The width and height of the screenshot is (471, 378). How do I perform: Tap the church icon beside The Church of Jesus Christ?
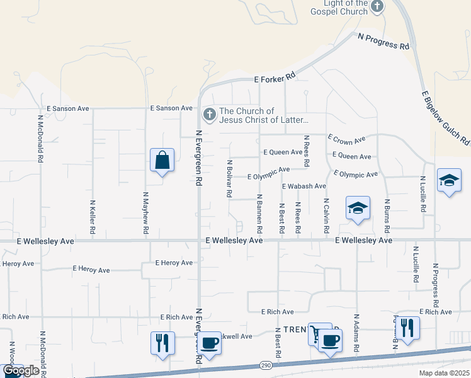[209, 115]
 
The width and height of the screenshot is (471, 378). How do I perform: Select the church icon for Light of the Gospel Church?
[377, 7]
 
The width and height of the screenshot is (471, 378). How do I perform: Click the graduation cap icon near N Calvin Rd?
[357, 208]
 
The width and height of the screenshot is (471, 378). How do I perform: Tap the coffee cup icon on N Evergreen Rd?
[210, 343]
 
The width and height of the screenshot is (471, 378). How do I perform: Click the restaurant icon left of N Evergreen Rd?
[162, 343]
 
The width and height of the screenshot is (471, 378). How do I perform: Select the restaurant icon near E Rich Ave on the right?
[407, 328]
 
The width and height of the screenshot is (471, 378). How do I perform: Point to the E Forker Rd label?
[275, 79]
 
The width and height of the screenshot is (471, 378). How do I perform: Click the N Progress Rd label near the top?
[383, 41]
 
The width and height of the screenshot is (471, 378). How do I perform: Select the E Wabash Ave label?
[304, 186]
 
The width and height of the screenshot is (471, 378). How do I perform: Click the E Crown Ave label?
[346, 139]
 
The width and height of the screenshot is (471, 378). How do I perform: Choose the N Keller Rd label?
[92, 218]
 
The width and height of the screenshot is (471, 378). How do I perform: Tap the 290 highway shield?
[266, 365]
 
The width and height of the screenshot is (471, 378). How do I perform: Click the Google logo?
[20, 371]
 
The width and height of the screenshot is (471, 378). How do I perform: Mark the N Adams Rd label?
[356, 333]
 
